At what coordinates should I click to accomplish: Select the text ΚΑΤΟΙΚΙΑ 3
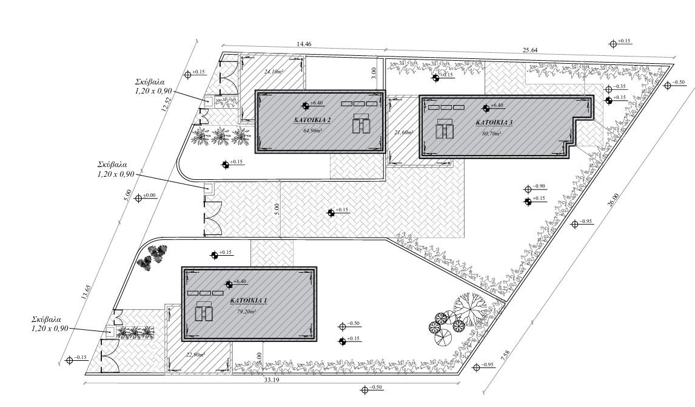[x=494, y=123]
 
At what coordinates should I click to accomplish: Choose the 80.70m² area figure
[x=492, y=132]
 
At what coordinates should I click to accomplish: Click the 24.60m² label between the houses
[x=403, y=132]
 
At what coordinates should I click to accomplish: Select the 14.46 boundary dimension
[x=304, y=44]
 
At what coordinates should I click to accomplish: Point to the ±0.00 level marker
[x=149, y=196]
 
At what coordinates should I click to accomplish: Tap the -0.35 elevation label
[x=620, y=87]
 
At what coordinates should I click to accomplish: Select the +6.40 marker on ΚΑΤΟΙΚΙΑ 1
[x=239, y=281]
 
